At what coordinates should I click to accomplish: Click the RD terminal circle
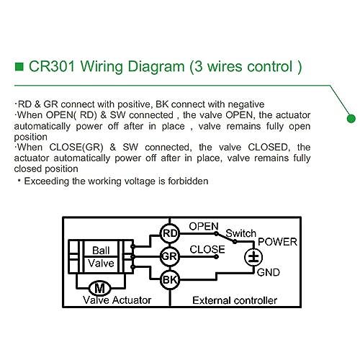(x=170, y=233)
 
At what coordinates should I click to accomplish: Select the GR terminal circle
(x=170, y=256)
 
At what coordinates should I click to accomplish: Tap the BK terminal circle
(x=170, y=279)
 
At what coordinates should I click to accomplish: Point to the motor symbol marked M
(x=100, y=288)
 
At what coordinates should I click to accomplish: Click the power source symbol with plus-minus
(x=253, y=257)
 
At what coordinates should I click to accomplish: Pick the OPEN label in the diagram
(x=204, y=226)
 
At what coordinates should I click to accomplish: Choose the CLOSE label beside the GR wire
(x=207, y=249)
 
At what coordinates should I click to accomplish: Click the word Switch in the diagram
(x=241, y=233)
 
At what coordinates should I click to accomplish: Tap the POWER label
(x=277, y=242)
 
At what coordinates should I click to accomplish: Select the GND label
(x=269, y=272)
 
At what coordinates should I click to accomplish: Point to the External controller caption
(x=235, y=300)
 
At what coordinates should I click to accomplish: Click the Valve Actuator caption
(x=117, y=300)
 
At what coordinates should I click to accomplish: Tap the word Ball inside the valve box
(x=101, y=251)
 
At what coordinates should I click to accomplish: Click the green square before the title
(x=19, y=66)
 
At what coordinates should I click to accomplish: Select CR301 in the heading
(x=52, y=66)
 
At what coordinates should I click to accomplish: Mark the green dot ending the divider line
(x=351, y=119)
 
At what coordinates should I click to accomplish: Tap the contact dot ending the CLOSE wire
(x=216, y=257)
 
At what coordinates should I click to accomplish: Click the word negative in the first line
(x=246, y=104)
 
